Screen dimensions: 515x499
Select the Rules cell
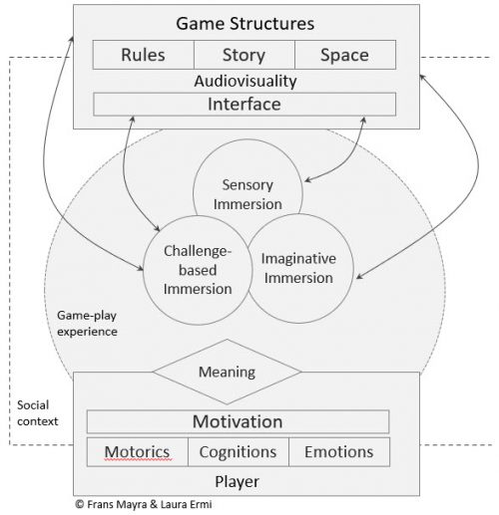[143, 55]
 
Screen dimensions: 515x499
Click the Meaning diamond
[227, 372]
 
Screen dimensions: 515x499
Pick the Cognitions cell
[237, 451]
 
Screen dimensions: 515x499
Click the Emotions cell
[337, 451]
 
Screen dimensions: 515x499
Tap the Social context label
[39, 413]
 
